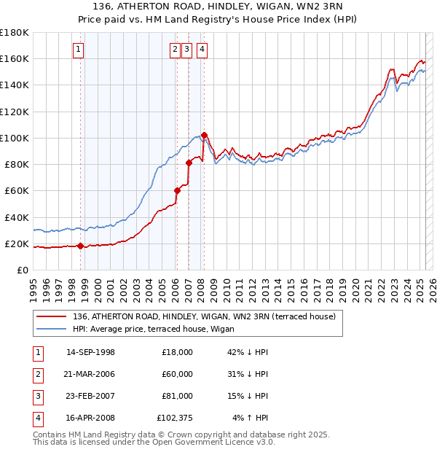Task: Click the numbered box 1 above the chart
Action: tap(78, 50)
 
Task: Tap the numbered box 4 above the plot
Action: tap(201, 50)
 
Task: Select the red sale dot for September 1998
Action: tap(80, 246)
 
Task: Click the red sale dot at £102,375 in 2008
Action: tap(204, 135)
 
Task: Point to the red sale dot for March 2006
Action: tap(177, 191)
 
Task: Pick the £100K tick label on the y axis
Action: tap(15, 138)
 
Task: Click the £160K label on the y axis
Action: tap(15, 58)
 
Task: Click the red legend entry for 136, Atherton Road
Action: tap(204, 316)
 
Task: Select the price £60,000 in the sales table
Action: tap(177, 373)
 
